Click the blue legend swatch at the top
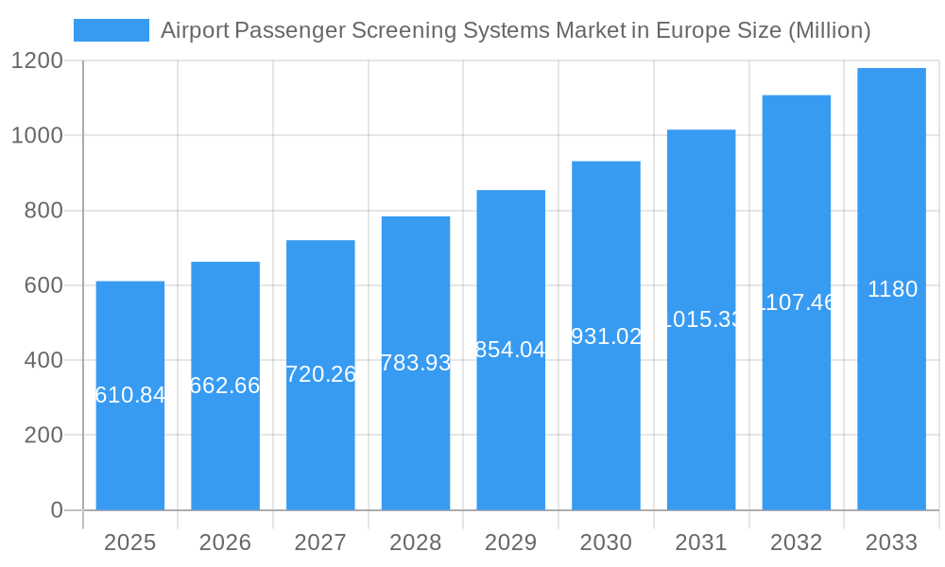(x=112, y=30)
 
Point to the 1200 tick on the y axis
(x=37, y=61)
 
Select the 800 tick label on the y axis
(x=43, y=211)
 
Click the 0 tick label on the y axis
(x=56, y=510)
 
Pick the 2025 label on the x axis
(x=129, y=542)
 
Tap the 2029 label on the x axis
(x=510, y=542)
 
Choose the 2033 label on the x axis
(x=891, y=542)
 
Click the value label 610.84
(x=130, y=396)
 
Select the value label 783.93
(x=416, y=363)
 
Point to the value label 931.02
(x=606, y=336)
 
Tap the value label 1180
(x=892, y=289)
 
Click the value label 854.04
(x=510, y=350)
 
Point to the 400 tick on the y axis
(x=43, y=360)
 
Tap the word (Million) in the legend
(x=829, y=30)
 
